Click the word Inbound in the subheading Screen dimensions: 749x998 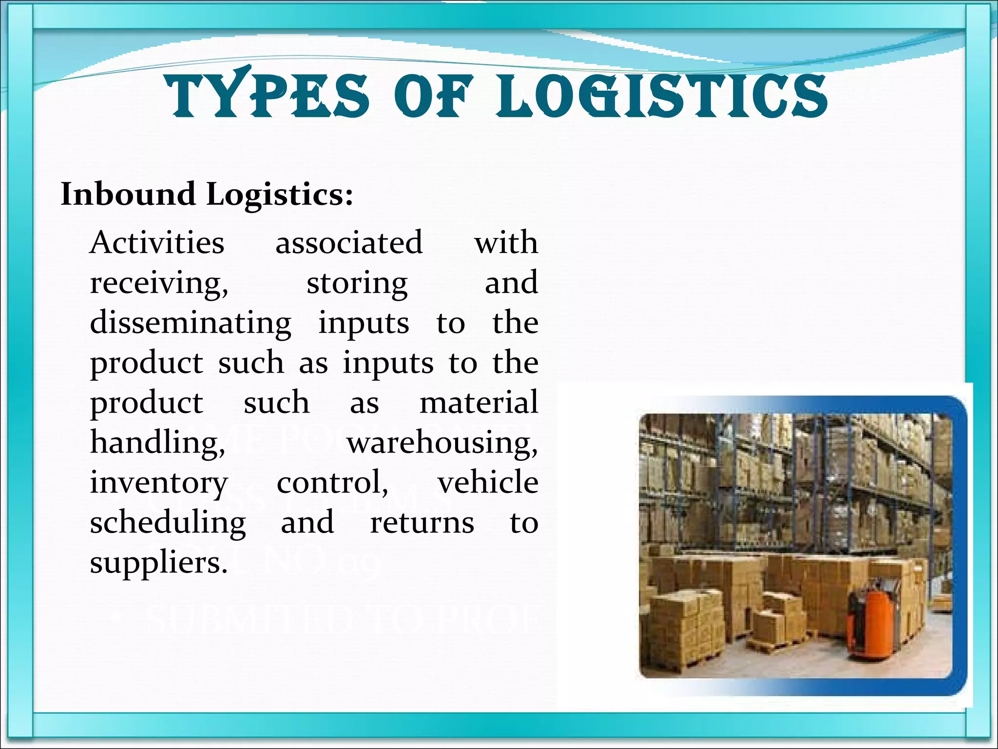(x=128, y=194)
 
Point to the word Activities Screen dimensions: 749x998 (x=157, y=242)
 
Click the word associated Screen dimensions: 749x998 (x=349, y=242)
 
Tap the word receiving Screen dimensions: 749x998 (x=159, y=283)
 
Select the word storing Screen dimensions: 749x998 (x=357, y=283)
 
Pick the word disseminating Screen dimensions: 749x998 (x=191, y=323)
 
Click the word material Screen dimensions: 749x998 (x=479, y=403)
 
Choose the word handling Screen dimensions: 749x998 (x=157, y=443)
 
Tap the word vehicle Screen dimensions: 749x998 (x=487, y=482)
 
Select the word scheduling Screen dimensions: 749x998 (x=168, y=523)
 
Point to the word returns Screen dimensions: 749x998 (x=422, y=523)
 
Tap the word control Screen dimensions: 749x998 (x=332, y=483)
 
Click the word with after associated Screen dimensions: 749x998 (x=506, y=242)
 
